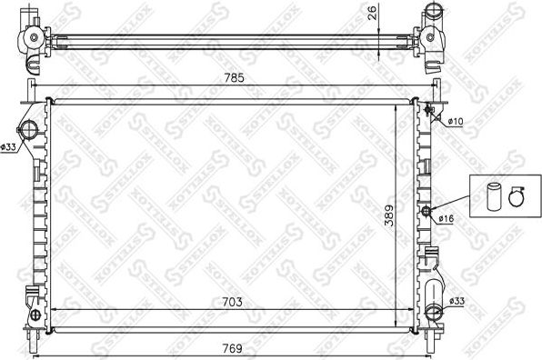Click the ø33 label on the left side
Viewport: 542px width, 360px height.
pos(8,146)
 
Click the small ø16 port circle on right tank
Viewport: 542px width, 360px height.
pos(426,212)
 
